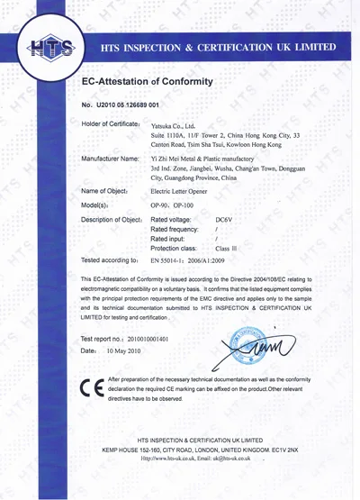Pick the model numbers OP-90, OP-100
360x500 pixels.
pos(172,206)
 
